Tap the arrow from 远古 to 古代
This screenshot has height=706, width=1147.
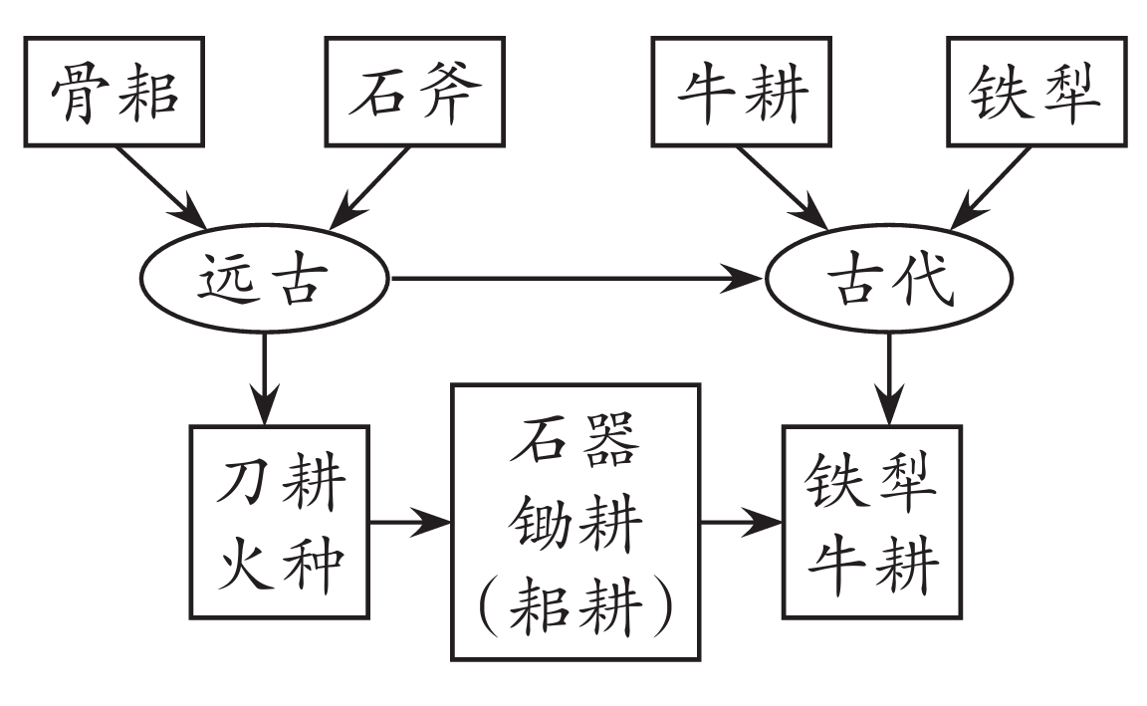[577, 281]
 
